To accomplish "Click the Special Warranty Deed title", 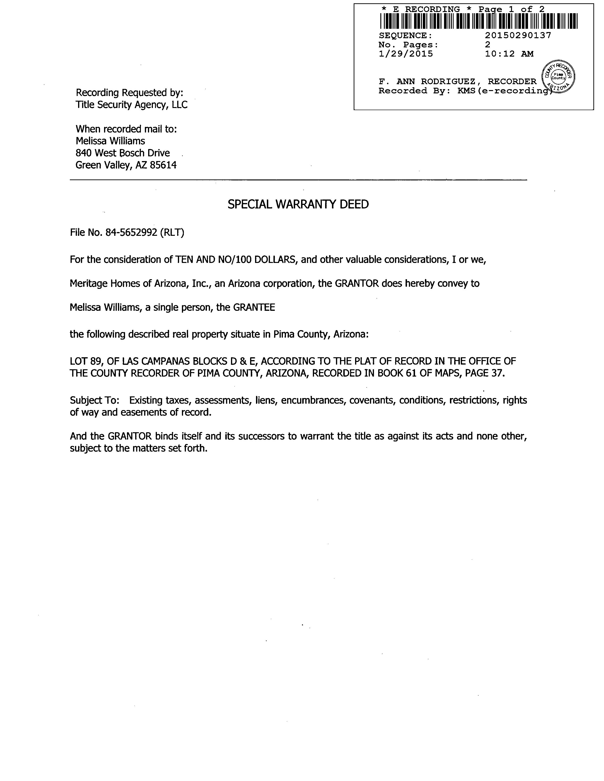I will tap(298, 204).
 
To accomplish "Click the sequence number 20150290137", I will tap(518, 35).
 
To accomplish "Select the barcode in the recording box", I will tap(478, 21).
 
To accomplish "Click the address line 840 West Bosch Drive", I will tap(122, 153).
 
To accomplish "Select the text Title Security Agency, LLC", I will tap(131, 105).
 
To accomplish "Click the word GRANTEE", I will tap(254, 307).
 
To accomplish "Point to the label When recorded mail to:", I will tap(126, 129).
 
